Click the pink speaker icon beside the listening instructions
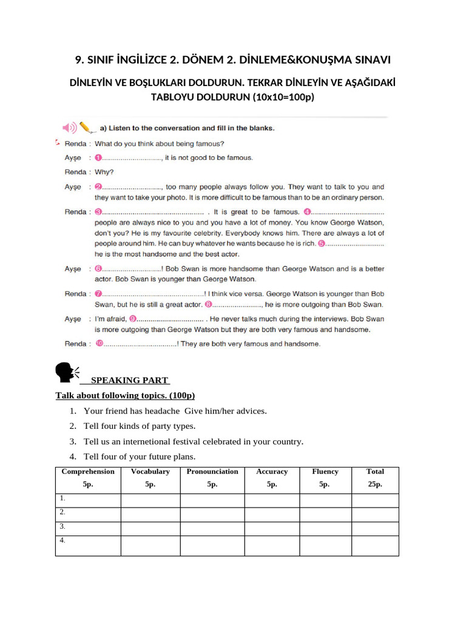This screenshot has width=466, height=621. (x=69, y=127)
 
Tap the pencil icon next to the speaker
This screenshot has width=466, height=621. (x=87, y=127)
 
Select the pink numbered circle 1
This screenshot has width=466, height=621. (x=98, y=158)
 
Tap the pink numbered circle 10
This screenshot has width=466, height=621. (x=100, y=344)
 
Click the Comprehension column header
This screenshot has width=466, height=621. (x=88, y=471)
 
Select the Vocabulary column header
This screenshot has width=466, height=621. (x=150, y=471)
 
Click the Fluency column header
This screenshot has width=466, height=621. (x=325, y=471)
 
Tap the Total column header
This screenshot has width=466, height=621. (x=375, y=471)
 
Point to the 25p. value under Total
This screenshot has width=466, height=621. (x=375, y=485)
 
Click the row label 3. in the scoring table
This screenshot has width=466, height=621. (x=62, y=526)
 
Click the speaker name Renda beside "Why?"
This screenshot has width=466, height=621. (x=75, y=172)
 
